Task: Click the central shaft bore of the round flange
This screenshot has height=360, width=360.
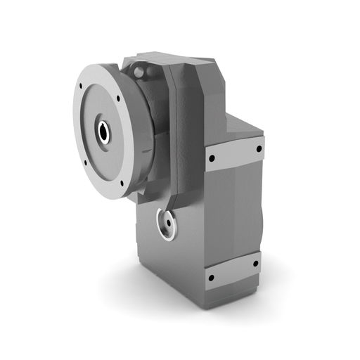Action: (x=104, y=131)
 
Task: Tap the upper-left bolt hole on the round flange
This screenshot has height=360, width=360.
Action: (x=82, y=86)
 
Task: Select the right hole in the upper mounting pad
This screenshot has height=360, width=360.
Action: (x=259, y=148)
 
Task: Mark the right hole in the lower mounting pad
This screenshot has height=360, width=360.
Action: (x=255, y=264)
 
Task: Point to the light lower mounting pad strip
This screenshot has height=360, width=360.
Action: (x=232, y=271)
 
